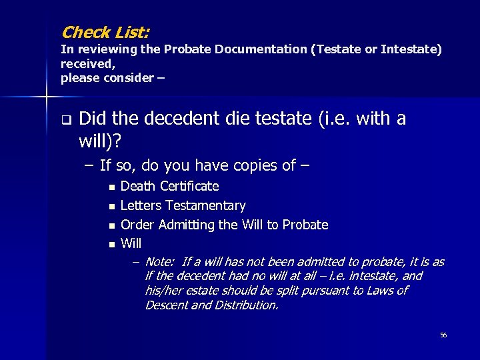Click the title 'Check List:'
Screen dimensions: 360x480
coord(105,31)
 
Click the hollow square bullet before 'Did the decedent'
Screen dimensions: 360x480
coord(66,121)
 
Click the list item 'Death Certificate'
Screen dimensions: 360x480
coord(169,186)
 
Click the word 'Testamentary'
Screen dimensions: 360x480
coord(205,205)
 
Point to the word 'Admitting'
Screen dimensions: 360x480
coord(189,225)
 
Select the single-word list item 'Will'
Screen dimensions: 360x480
coord(131,244)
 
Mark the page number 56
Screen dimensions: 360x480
coord(443,335)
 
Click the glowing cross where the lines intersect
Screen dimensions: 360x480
coord(46,97)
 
